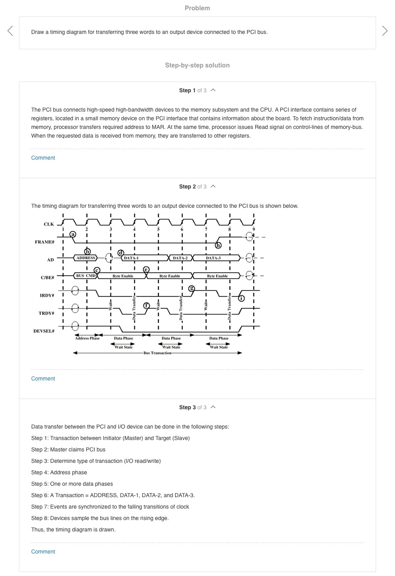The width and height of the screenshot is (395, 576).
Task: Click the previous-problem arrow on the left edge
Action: (10, 30)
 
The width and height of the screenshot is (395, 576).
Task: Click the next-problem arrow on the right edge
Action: (385, 30)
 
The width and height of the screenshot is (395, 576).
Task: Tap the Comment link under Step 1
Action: (43, 158)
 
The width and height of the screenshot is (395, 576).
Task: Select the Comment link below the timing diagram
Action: (43, 378)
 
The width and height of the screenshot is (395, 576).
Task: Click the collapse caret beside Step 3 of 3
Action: (213, 407)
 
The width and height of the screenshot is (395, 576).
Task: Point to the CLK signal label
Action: (49, 224)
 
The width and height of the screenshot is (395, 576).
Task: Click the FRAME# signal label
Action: (45, 242)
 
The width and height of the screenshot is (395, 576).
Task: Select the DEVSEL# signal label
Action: (44, 331)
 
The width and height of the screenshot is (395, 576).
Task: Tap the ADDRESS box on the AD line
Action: (86, 258)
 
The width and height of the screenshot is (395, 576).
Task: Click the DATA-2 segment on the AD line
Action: (180, 258)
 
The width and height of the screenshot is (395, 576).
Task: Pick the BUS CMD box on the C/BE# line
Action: (86, 276)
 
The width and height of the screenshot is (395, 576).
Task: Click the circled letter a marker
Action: (73, 234)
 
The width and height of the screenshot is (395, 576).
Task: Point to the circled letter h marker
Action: (218, 245)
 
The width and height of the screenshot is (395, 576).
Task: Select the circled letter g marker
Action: (192, 288)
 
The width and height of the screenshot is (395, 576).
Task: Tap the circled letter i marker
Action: (241, 298)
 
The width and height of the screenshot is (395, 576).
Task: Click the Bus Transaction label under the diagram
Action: (157, 353)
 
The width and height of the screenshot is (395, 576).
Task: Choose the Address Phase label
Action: (87, 338)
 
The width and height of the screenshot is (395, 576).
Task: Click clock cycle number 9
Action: (254, 229)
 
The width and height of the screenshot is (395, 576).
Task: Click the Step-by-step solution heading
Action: (197, 65)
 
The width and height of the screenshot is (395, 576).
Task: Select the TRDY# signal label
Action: (46, 313)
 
